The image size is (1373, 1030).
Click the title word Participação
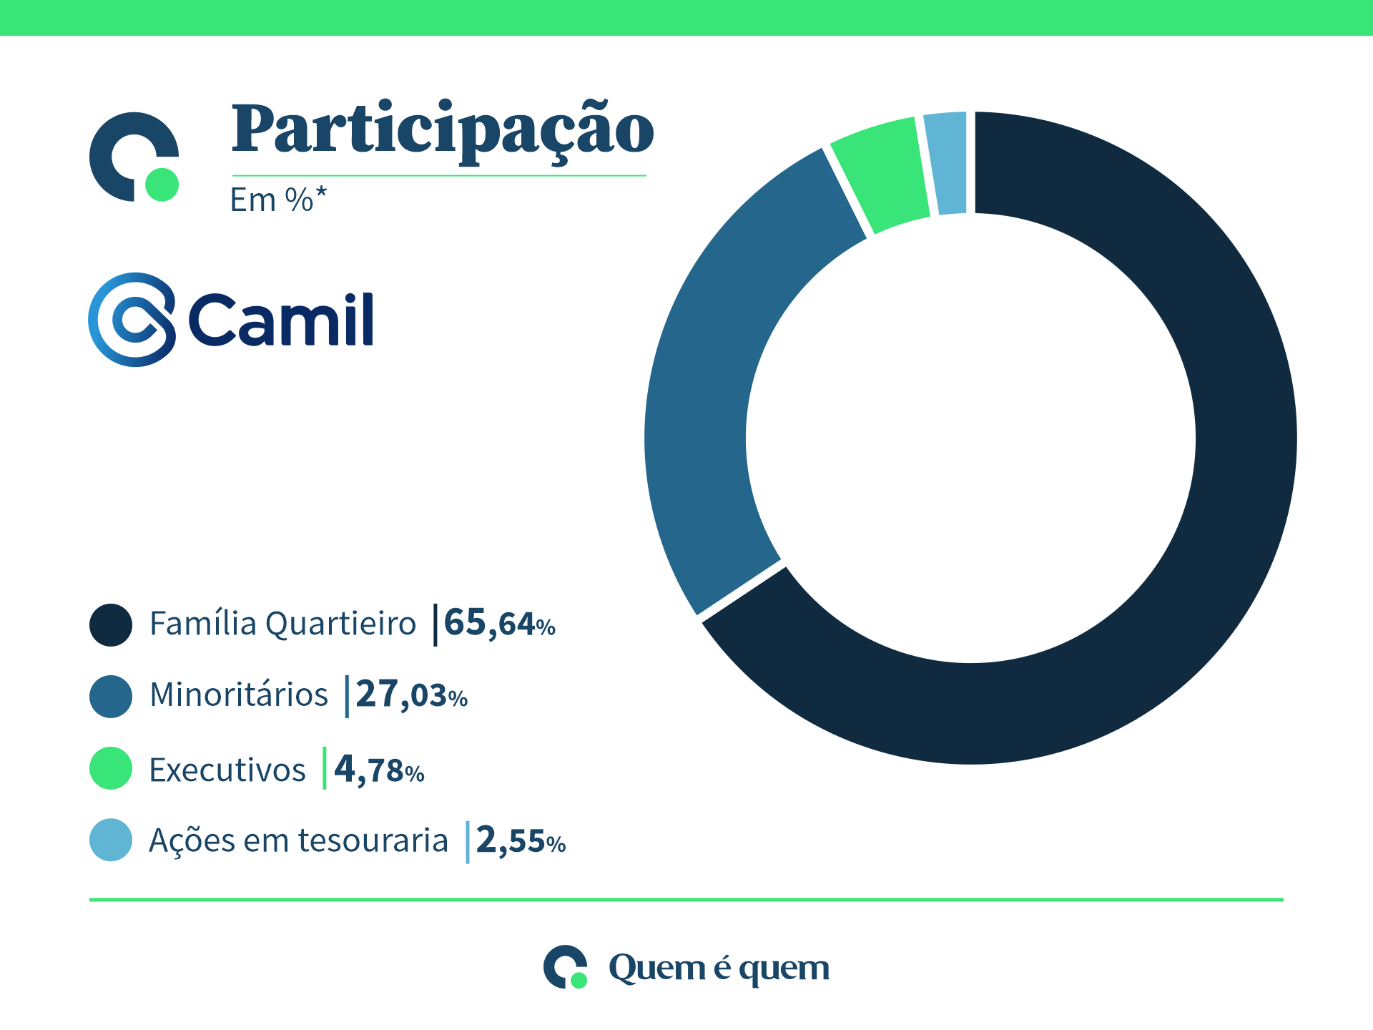click(x=442, y=130)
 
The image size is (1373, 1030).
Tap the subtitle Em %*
click(x=278, y=200)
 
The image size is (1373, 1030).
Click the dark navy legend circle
click(x=111, y=625)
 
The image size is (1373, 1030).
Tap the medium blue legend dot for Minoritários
click(x=111, y=696)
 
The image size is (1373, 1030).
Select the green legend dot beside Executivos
click(x=111, y=768)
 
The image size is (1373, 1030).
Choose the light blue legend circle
click(x=111, y=840)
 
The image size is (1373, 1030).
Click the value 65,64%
click(x=499, y=624)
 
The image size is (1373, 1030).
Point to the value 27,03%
click(x=411, y=695)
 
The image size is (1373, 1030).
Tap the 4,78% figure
click(x=379, y=770)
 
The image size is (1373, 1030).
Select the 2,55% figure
click(x=521, y=841)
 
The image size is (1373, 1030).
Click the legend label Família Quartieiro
click(x=282, y=624)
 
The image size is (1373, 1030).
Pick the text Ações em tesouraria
click(x=298, y=841)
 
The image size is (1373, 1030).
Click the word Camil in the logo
click(x=281, y=320)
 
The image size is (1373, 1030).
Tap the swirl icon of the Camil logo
click(x=132, y=320)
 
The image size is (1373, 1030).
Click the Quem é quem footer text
click(x=719, y=968)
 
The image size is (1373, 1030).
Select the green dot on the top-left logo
click(x=162, y=185)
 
